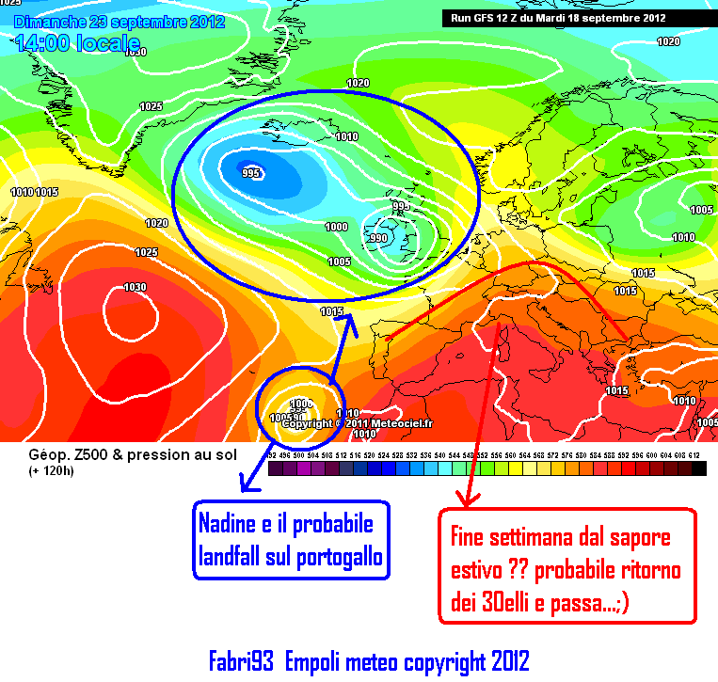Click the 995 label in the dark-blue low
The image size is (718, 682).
pyautogui.click(x=250, y=173)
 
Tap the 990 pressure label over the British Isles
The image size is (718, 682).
pyautogui.click(x=378, y=238)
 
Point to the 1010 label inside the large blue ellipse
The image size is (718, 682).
pyautogui.click(x=347, y=136)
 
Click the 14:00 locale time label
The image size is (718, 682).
pyautogui.click(x=78, y=42)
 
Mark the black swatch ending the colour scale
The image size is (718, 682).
pyautogui.click(x=698, y=468)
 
